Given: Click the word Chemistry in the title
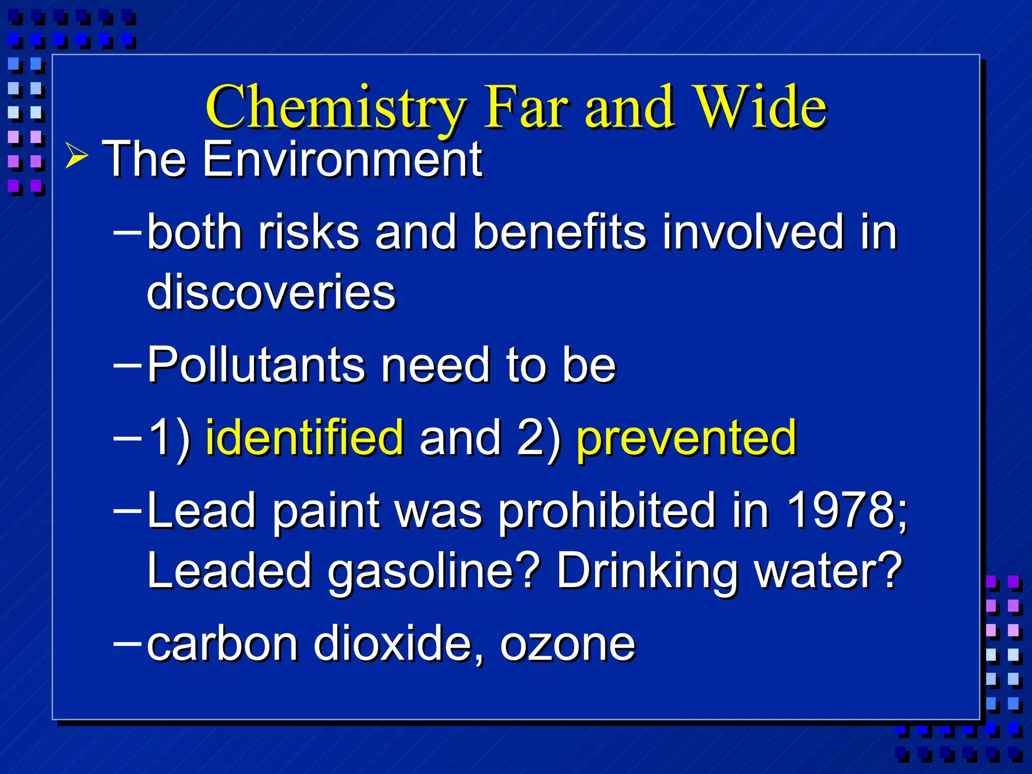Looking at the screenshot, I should (336, 107).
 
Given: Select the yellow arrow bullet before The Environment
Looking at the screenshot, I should (77, 158).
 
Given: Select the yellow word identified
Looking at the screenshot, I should (304, 437).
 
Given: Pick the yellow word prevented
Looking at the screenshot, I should (686, 437).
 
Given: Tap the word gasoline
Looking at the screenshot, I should (433, 571).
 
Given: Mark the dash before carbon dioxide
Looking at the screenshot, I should (127, 642).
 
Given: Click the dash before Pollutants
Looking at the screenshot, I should (127, 363).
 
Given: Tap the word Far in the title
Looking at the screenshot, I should (526, 107).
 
